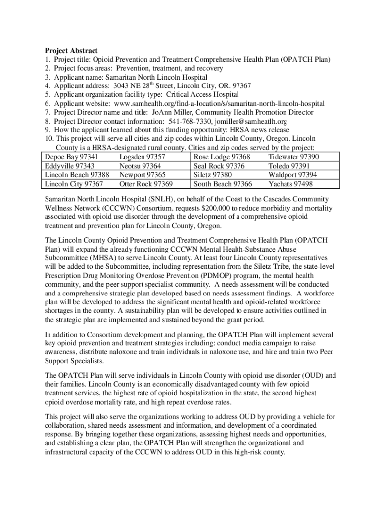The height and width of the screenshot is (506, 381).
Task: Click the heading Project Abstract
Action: click(x=71, y=51)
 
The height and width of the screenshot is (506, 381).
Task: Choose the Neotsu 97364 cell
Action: click(x=140, y=166)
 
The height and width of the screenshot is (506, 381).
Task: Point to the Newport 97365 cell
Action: click(x=143, y=175)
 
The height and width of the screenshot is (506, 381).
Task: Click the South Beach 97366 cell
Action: click(x=223, y=184)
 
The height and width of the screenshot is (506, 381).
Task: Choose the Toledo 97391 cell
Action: click(x=289, y=166)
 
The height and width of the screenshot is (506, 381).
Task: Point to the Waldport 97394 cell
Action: click(x=293, y=175)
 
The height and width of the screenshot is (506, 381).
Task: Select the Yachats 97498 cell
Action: click(x=290, y=184)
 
